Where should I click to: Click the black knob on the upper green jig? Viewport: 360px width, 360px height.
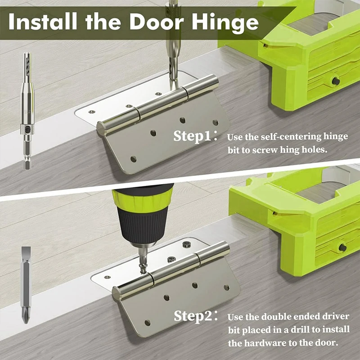(336, 81)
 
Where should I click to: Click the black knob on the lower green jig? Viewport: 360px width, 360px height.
(342, 247)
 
